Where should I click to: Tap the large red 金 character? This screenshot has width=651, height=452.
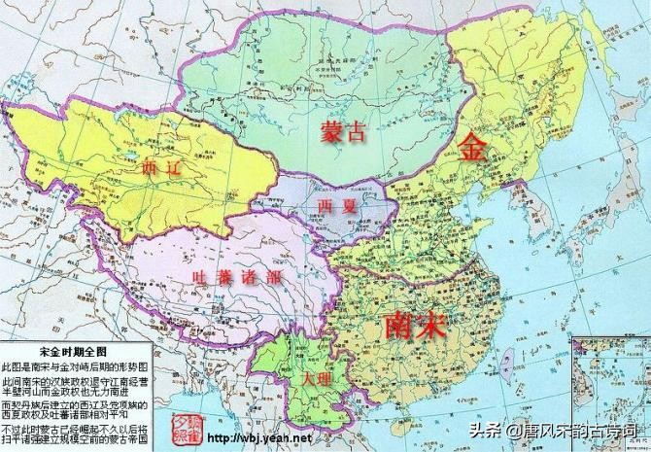click(474, 149)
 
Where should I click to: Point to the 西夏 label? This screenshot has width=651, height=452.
click(335, 206)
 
